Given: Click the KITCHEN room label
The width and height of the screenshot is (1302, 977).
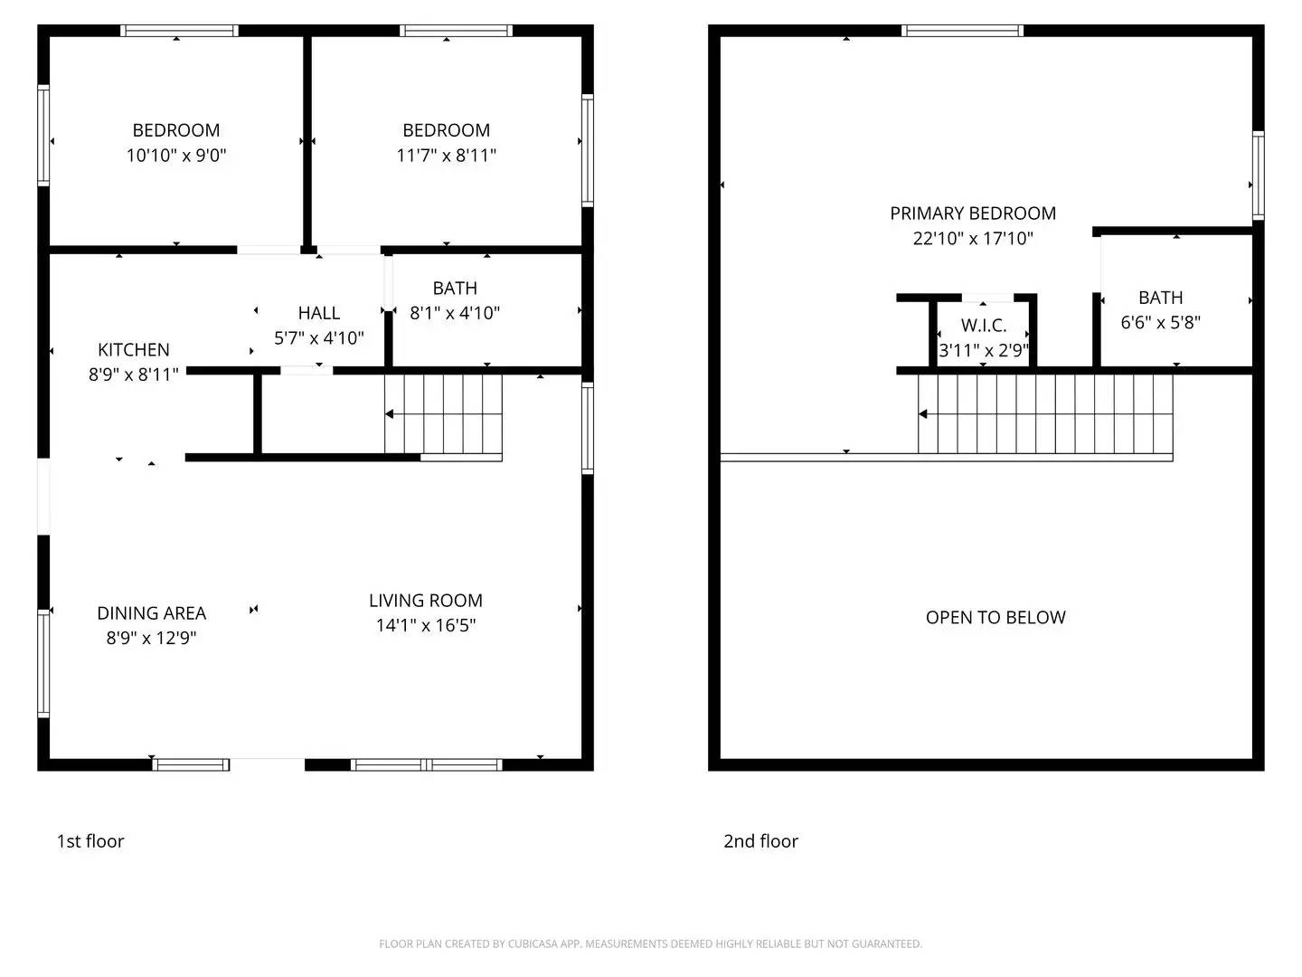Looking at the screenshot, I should (x=134, y=350).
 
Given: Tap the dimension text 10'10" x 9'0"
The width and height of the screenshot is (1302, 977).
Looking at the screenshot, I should (x=176, y=156).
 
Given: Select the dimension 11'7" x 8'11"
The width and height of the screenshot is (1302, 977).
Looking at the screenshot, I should (x=446, y=156).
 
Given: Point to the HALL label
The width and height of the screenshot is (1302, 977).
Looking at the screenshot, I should (x=319, y=313).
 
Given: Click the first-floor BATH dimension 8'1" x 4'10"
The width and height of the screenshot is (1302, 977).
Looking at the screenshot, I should (x=455, y=313).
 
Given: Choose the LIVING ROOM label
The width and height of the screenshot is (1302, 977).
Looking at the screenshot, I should (x=426, y=601).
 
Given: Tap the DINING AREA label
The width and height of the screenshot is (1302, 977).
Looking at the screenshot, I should (x=152, y=613).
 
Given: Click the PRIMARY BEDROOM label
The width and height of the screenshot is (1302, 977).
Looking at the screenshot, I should (x=973, y=213).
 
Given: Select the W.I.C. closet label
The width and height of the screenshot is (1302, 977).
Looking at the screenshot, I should (x=984, y=326).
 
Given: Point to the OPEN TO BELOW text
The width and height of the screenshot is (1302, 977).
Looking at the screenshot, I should (x=995, y=618).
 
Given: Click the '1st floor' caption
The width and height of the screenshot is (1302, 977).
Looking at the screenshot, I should (x=90, y=841).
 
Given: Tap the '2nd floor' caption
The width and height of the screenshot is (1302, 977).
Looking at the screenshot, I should (x=760, y=841).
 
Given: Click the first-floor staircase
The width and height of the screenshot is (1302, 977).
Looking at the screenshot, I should (x=443, y=414).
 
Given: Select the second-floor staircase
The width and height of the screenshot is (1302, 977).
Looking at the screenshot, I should (x=1045, y=414).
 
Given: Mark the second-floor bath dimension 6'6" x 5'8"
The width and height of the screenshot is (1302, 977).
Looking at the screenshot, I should (x=1160, y=323).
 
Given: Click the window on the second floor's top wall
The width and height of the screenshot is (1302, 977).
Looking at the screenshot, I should (x=963, y=31).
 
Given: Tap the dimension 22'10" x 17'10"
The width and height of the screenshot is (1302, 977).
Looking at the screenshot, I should (x=973, y=239).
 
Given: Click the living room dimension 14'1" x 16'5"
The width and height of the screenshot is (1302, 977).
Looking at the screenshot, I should (x=426, y=625).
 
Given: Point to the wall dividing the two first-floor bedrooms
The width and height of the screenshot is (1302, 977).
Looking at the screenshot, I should (x=307, y=140).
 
